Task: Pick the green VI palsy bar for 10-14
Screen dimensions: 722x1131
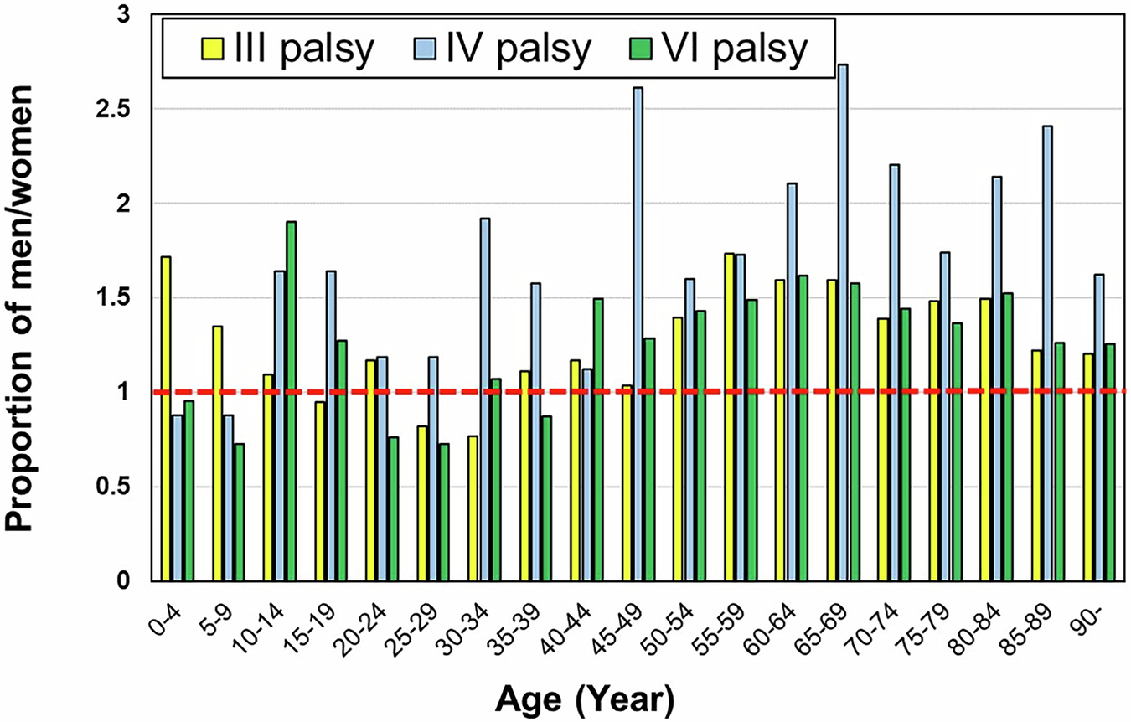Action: (x=290, y=402)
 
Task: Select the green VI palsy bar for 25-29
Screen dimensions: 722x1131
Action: (x=443, y=513)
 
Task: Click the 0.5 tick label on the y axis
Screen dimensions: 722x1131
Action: (x=119, y=487)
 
